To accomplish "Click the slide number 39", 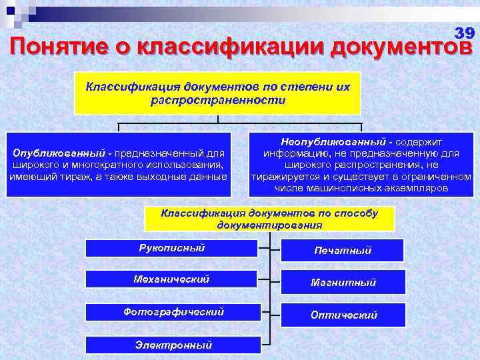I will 464,32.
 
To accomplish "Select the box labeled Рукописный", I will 172,248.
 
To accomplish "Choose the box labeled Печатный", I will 343,251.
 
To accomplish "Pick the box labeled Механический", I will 172,279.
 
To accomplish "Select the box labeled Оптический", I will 343,315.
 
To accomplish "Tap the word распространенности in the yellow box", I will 218,101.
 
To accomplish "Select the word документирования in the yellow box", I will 269,225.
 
